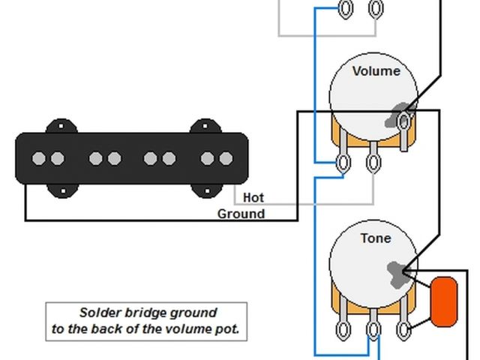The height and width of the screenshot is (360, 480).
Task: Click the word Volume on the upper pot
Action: pyautogui.click(x=376, y=71)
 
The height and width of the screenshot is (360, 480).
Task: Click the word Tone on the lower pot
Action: pyautogui.click(x=375, y=238)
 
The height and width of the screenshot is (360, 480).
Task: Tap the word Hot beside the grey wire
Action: pyautogui.click(x=253, y=198)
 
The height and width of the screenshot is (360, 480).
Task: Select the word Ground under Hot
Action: pyautogui.click(x=241, y=214)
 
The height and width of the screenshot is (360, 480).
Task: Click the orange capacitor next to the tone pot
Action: pyautogui.click(x=444, y=302)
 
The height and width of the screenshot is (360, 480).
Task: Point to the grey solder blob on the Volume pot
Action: pyautogui.click(x=398, y=116)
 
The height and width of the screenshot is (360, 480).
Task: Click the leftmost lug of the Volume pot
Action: pyautogui.click(x=343, y=163)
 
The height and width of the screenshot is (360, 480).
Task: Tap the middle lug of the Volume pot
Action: pyautogui.click(x=373, y=163)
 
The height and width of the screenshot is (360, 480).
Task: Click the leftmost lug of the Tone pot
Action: pyautogui.click(x=343, y=330)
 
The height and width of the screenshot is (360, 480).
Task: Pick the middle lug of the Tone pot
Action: pyautogui.click(x=373, y=330)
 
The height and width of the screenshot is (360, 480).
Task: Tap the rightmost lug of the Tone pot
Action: pyautogui.click(x=403, y=330)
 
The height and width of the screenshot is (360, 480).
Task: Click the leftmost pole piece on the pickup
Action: pyautogui.click(x=37, y=159)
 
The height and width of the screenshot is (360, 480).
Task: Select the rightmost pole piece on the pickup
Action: pyautogui.click(x=226, y=159)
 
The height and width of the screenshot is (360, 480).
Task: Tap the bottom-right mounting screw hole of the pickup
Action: pyautogui.click(x=208, y=191)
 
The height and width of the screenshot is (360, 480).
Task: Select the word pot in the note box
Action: pyautogui.click(x=224, y=328)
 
